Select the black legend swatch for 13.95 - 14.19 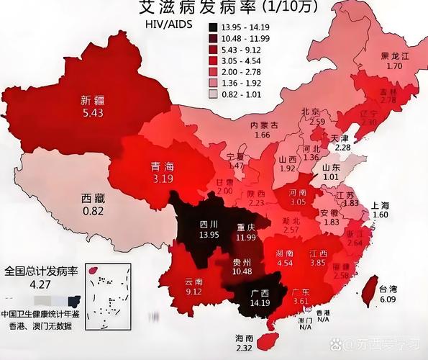pos(214,27)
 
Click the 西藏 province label pos(93,198)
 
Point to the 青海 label pos(161,166)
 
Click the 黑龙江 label pos(395,55)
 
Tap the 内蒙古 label pos(264,125)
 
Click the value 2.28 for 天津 pos(342,147)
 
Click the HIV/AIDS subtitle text pos(164,24)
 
